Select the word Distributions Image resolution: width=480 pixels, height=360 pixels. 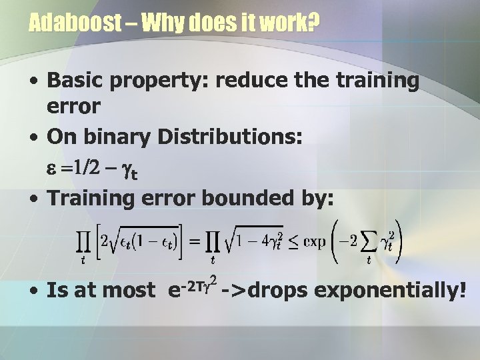point(231,137)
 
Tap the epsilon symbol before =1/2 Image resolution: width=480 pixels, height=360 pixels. point(53,170)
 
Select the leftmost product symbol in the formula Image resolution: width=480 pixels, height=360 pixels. point(83,242)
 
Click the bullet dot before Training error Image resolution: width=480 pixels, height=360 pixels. point(33,198)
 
